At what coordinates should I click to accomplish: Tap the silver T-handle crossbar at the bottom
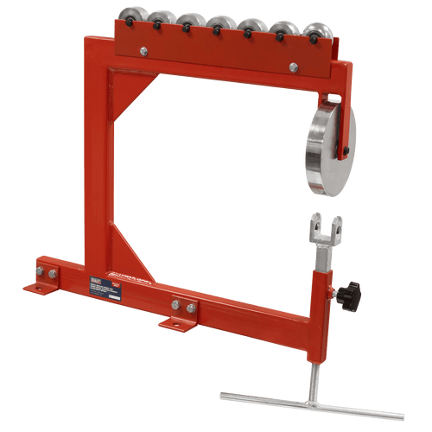point(311,403)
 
